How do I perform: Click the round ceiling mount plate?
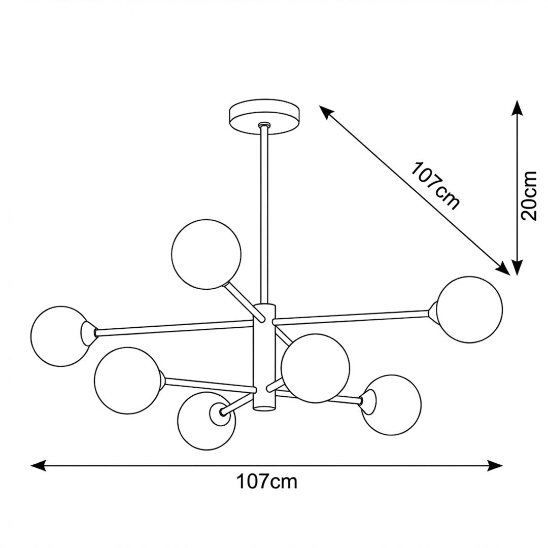pyautogui.click(x=264, y=116)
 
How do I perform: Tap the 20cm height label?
pyautogui.click(x=529, y=196)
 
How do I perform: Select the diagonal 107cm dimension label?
pyautogui.click(x=435, y=186)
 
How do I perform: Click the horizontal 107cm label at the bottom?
pyautogui.click(x=267, y=482)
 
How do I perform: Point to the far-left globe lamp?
pyautogui.click(x=59, y=336)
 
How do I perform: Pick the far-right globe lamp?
pyautogui.click(x=470, y=310)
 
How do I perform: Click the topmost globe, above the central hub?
pyautogui.click(x=206, y=254)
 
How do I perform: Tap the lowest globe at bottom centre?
pyautogui.click(x=206, y=421)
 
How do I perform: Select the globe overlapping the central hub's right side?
pyautogui.click(x=315, y=368)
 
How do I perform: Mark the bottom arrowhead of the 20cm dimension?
pyautogui.click(x=517, y=267)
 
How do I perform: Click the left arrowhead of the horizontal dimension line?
pyautogui.click(x=39, y=465)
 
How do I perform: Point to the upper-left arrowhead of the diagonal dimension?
pyautogui.click(x=326, y=112)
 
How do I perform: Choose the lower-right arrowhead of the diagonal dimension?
pyautogui.click(x=502, y=268)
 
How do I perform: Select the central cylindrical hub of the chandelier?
pyautogui.click(x=264, y=357)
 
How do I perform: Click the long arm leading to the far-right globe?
pyautogui.click(x=351, y=315)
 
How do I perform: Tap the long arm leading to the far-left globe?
pyautogui.click(x=174, y=328)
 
